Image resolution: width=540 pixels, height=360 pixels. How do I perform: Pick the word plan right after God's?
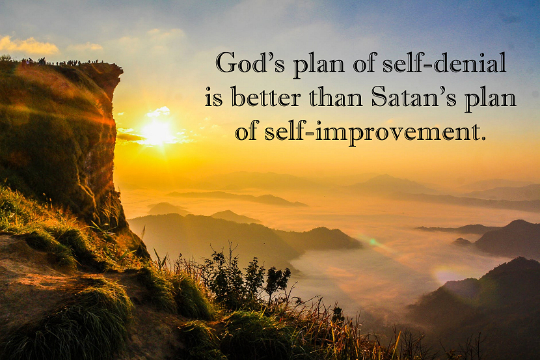319,65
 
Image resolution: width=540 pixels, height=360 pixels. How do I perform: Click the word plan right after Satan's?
490,99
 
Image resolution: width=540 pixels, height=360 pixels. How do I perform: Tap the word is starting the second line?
214,98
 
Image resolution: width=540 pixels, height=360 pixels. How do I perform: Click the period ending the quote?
483,139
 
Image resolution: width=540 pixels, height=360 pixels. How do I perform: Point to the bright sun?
157,132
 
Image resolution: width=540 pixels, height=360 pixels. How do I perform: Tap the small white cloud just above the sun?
159,111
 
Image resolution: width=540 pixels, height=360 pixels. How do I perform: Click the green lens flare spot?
372,242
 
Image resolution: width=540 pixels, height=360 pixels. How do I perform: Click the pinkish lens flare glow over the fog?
448,275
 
